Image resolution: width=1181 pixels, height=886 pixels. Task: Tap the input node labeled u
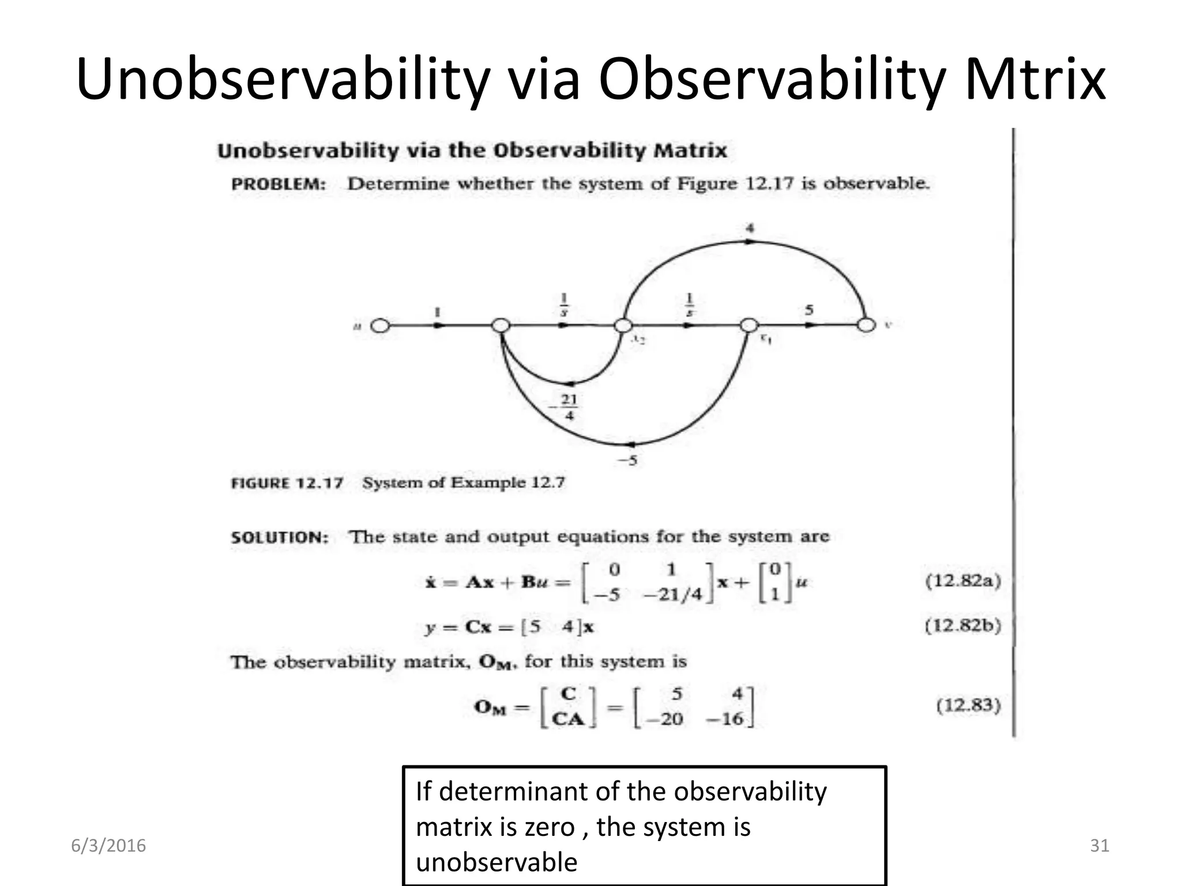click(379, 326)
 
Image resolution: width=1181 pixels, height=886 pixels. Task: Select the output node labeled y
click(866, 325)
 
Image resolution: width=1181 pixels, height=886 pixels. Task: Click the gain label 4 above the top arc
click(750, 228)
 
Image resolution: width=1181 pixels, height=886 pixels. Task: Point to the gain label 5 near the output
click(809, 310)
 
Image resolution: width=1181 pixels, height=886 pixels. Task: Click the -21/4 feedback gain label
click(567, 407)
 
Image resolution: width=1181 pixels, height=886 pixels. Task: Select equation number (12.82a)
click(962, 580)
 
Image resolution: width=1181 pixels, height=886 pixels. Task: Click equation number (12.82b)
click(962, 626)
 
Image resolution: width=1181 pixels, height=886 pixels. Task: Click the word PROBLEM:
click(279, 185)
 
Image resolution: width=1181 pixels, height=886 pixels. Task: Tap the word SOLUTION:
click(280, 538)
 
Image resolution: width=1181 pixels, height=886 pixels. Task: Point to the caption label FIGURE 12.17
click(287, 483)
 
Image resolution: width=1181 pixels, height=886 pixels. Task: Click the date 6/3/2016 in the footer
click(108, 846)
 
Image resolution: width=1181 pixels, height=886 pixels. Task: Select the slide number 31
click(1100, 846)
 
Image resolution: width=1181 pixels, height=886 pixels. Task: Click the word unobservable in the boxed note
click(497, 862)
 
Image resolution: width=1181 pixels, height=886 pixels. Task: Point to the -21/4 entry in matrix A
click(672, 595)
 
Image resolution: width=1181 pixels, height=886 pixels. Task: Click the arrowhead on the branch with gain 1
click(439, 326)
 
